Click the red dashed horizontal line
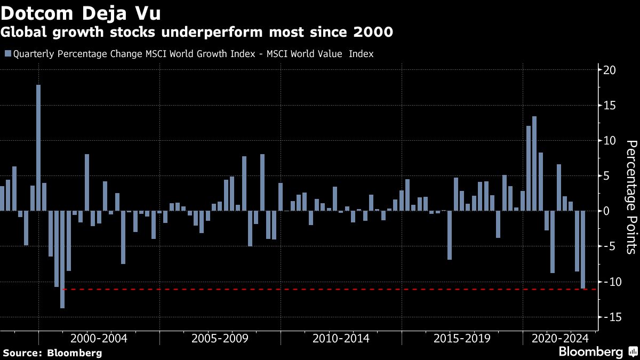tap(320, 290)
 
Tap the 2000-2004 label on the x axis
tap(99, 338)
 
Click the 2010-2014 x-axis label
tap(341, 338)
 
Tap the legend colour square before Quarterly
tap(7, 54)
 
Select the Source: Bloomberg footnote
tap(52, 353)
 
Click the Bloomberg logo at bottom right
tap(591, 352)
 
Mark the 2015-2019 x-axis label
tap(462, 338)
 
